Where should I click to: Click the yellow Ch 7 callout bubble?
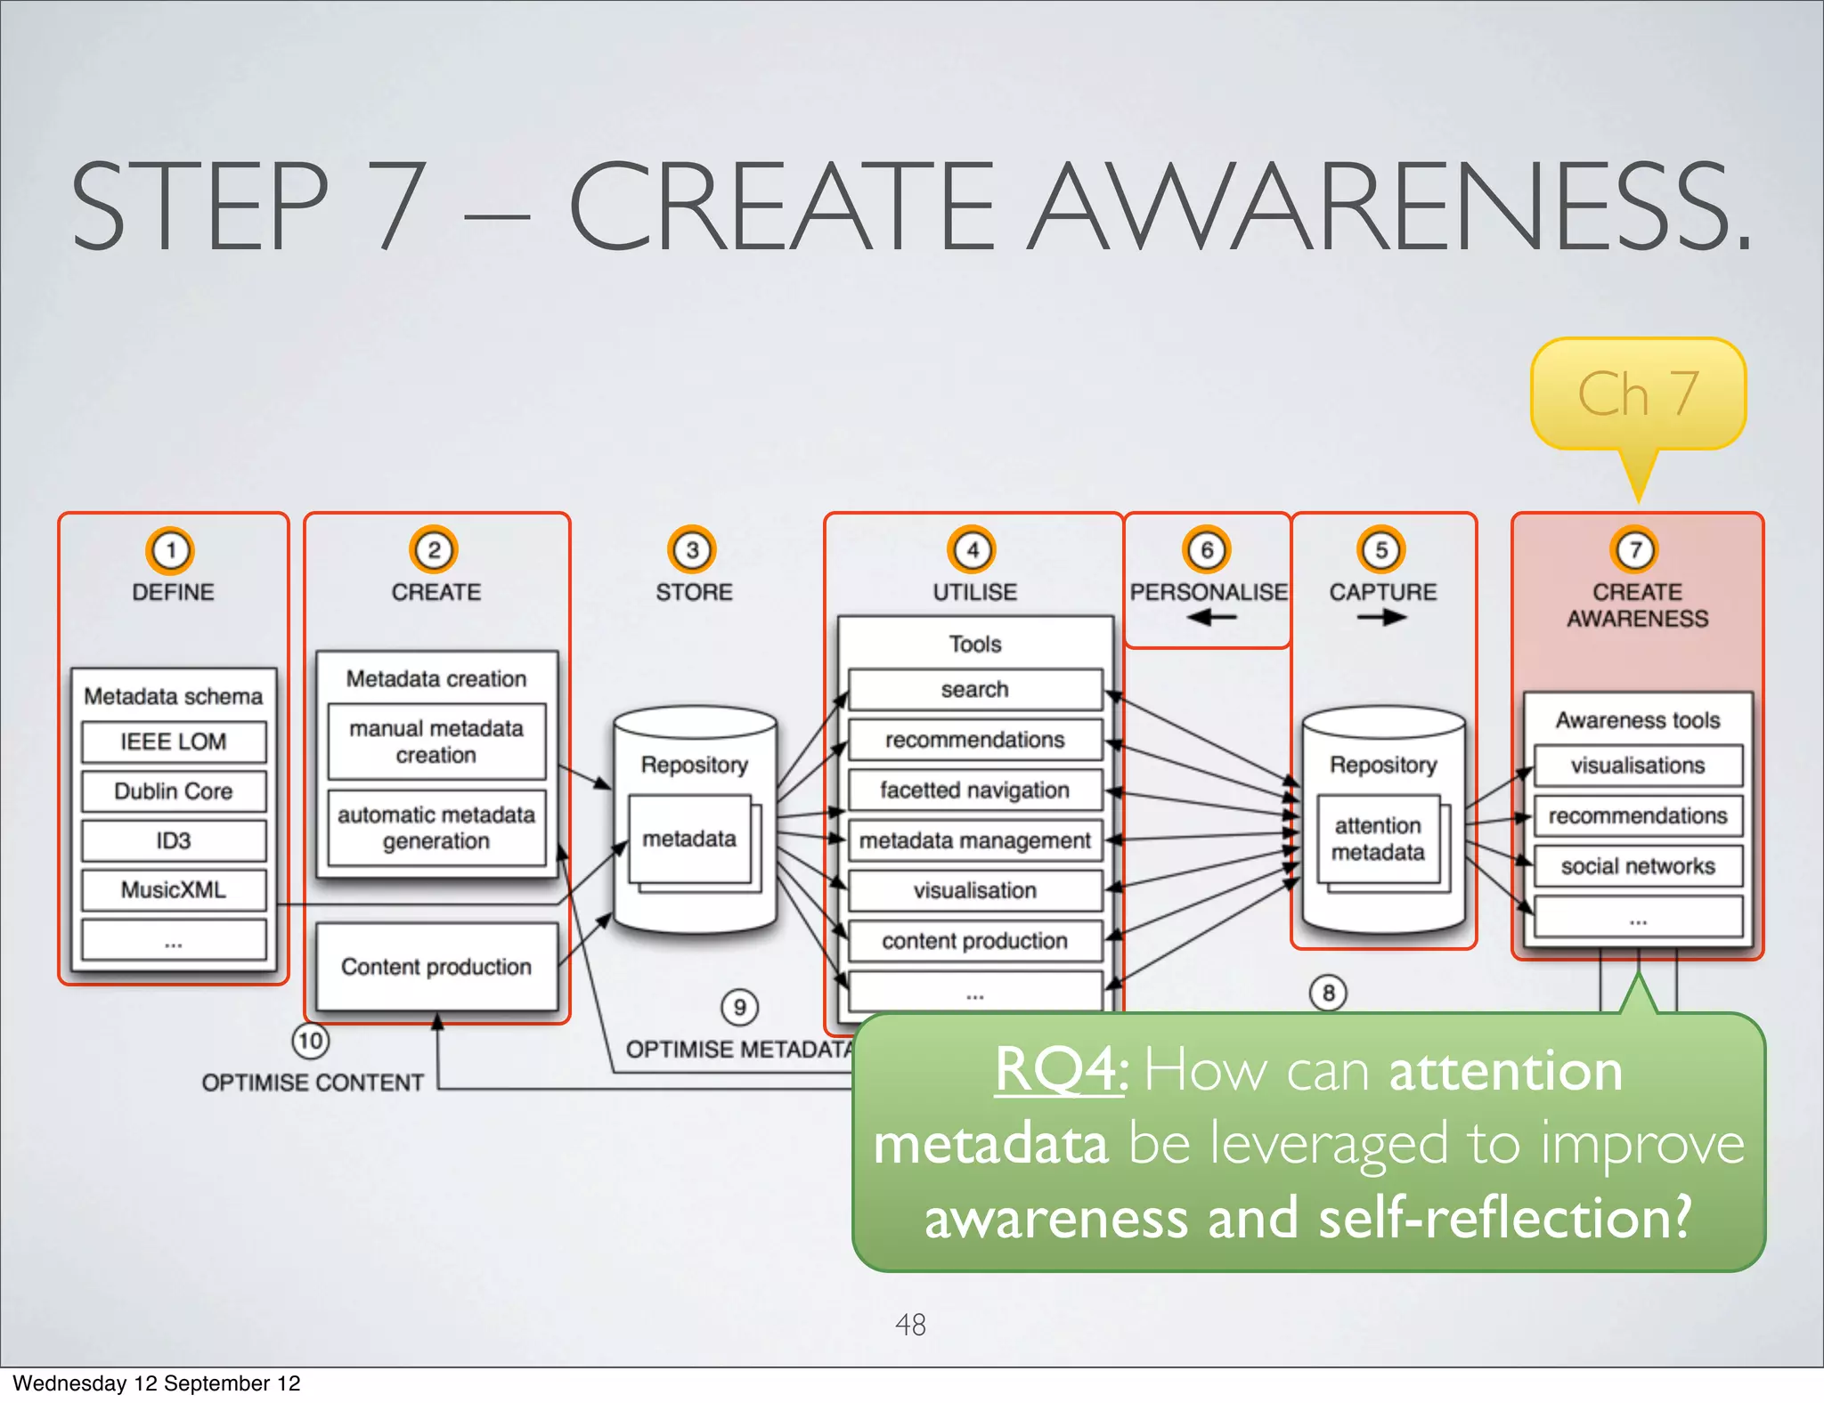click(1637, 393)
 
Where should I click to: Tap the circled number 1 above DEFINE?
click(170, 550)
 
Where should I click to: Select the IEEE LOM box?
click(174, 742)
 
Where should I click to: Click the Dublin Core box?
click(174, 791)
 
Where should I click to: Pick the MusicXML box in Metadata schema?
click(174, 889)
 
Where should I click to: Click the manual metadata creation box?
click(436, 742)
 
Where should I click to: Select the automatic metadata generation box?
click(436, 828)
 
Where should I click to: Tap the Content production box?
click(436, 967)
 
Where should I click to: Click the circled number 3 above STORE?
click(692, 550)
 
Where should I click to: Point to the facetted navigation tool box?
click(975, 790)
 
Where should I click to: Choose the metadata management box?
click(975, 840)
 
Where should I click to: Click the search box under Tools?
click(975, 689)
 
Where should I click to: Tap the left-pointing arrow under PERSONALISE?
click(1210, 617)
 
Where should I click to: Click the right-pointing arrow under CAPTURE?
click(1381, 617)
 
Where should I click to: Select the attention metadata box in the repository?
click(1378, 839)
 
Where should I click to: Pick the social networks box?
click(1638, 866)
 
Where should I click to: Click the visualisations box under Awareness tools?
click(1638, 766)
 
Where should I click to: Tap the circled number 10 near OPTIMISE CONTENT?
click(310, 1041)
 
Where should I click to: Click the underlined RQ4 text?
click(1060, 1069)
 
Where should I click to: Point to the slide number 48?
click(910, 1325)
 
